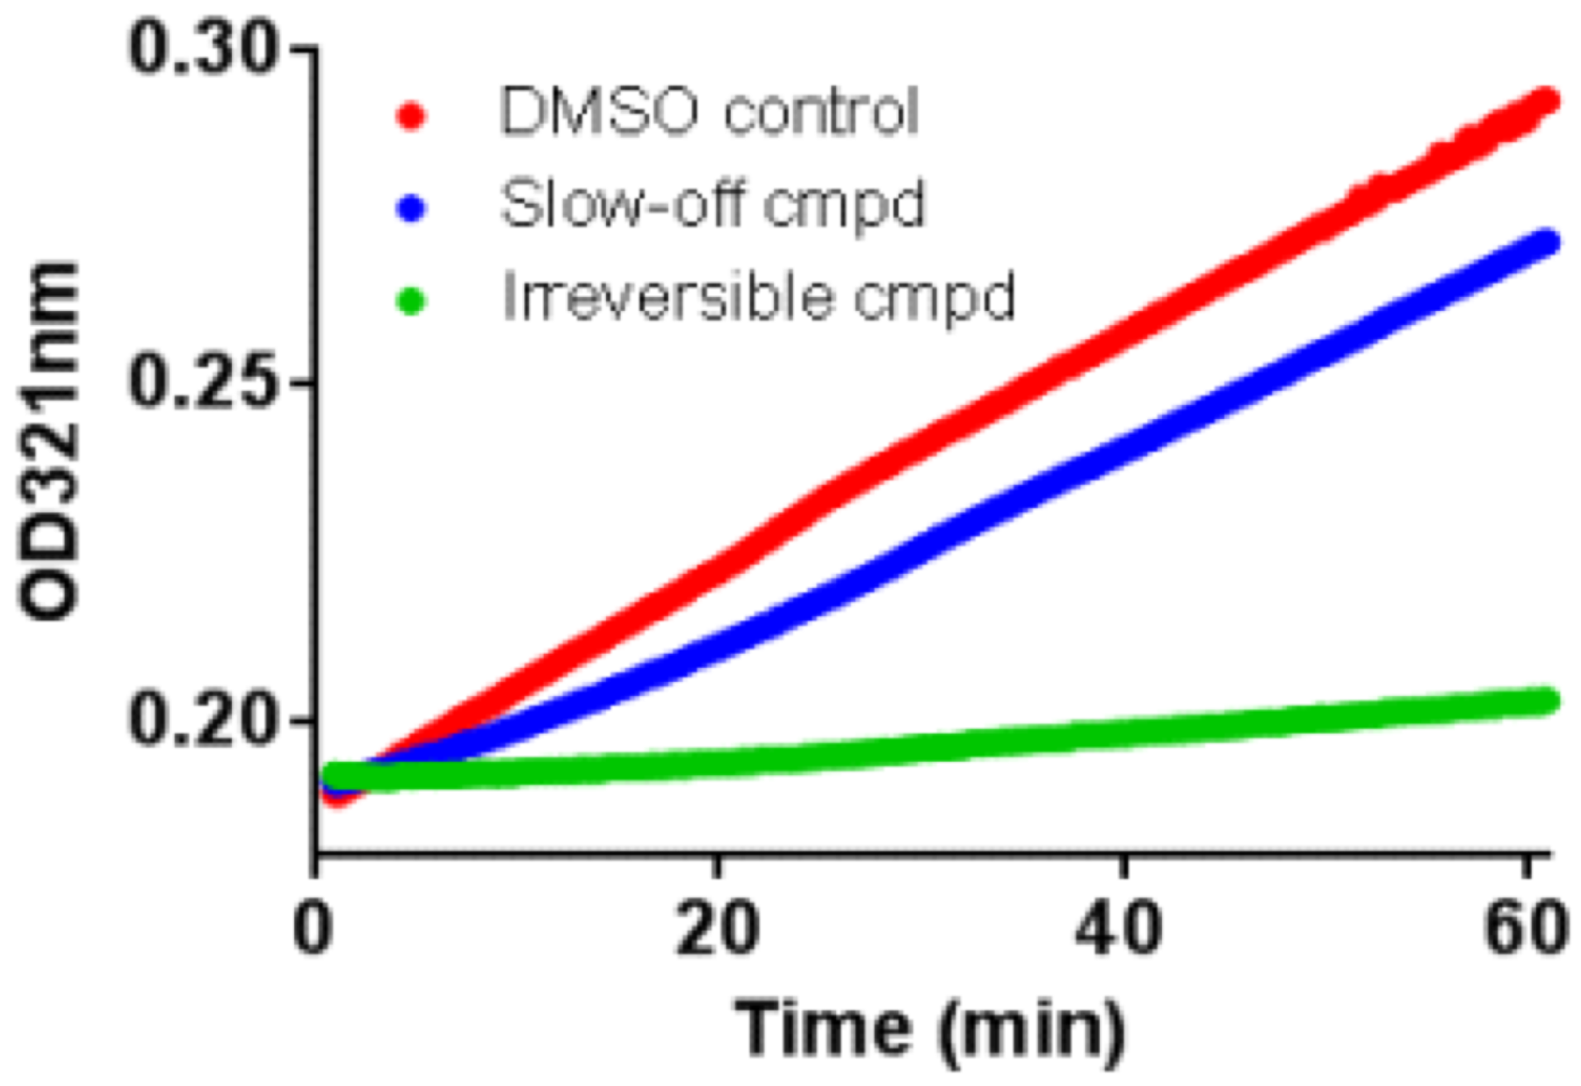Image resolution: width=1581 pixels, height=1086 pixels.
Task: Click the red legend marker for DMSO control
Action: (410, 115)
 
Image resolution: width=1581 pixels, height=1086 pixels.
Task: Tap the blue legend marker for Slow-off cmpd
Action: (410, 209)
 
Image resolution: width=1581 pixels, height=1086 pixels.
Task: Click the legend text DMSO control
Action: (709, 112)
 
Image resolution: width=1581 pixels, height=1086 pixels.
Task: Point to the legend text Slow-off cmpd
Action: (712, 206)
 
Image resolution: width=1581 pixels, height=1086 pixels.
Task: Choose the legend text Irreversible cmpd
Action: (758, 297)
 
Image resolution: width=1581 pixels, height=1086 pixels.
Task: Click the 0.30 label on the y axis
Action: (210, 49)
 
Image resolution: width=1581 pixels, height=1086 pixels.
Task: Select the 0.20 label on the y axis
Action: (210, 720)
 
